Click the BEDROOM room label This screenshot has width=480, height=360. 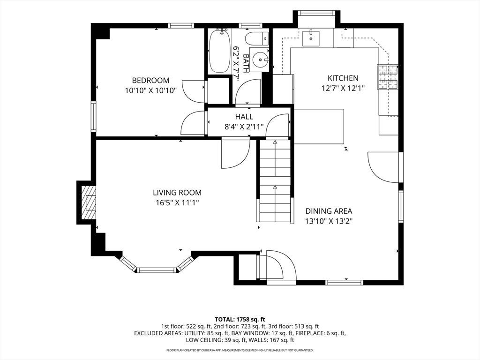point(150,81)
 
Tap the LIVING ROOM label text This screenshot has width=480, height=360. point(177,193)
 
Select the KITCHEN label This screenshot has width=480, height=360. point(343,78)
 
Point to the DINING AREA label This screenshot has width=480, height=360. point(329,211)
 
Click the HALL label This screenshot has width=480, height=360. point(244,117)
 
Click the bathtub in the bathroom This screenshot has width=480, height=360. point(219,51)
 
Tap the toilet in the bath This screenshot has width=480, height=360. point(257,38)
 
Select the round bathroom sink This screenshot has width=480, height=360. point(259,60)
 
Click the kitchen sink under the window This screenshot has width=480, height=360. point(311,38)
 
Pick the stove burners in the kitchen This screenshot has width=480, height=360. point(388,77)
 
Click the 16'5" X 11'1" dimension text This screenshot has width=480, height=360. point(178,202)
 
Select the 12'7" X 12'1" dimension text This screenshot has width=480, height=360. point(343,88)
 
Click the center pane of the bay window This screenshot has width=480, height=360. point(157,270)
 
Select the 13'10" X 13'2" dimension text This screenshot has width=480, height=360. point(329,221)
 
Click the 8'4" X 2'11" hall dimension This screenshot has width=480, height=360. point(244,127)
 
